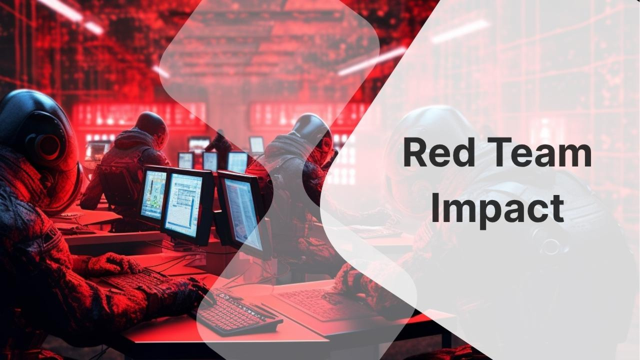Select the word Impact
click(x=498, y=209)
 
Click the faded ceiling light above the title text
click(x=460, y=31)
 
